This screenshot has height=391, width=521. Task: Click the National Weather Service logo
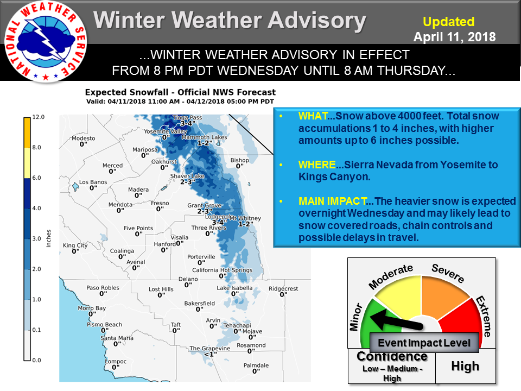pos(46,42)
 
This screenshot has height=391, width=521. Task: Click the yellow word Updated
pos(449,22)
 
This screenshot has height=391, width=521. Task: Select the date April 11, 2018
pos(455,37)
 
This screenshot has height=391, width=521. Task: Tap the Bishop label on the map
pos(239,160)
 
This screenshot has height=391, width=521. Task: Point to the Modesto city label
pos(84,138)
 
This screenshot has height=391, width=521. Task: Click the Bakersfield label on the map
pos(199,303)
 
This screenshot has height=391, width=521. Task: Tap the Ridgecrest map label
pos(283,288)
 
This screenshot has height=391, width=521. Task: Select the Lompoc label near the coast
pos(116,362)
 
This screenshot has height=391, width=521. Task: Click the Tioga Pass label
pos(187,117)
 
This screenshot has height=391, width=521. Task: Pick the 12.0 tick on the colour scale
pos(38,117)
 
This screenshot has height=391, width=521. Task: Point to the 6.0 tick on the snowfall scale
pos(36,178)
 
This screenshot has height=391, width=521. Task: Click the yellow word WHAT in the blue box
pos(313,116)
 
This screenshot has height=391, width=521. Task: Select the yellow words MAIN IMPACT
pos(333,201)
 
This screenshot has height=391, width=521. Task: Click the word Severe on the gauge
pos(448,273)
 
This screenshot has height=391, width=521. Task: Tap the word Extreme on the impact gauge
pos(484,316)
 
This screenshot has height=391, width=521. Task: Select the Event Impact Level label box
pos(424,343)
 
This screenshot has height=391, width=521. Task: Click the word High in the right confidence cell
pos(465,367)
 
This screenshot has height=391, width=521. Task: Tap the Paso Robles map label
pos(103,288)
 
